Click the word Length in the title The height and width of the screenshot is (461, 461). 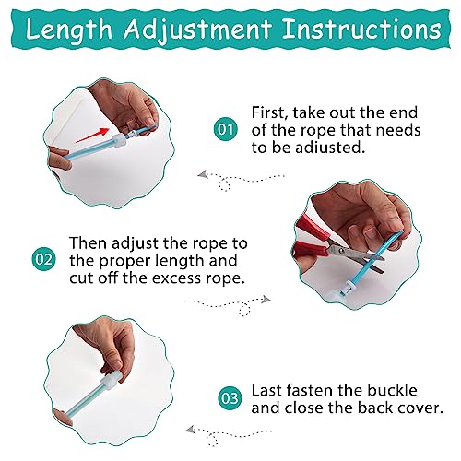click(x=69, y=30)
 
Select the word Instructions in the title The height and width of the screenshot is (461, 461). click(x=361, y=29)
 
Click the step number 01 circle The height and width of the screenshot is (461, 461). click(x=226, y=129)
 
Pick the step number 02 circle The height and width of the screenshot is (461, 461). click(x=44, y=259)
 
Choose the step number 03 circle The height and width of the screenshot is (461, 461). click(x=230, y=398)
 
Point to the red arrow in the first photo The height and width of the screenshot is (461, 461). click(x=92, y=135)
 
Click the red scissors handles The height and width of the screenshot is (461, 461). click(x=311, y=237)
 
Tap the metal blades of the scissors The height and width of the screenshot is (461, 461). click(x=357, y=256)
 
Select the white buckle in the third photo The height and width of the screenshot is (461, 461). click(x=111, y=381)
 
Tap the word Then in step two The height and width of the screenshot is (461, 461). click(x=89, y=242)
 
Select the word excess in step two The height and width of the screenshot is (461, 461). click(x=176, y=278)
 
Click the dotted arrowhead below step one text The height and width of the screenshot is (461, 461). click(x=202, y=174)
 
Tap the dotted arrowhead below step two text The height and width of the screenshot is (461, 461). click(x=266, y=299)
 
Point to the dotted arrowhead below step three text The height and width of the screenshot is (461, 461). click(x=190, y=430)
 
